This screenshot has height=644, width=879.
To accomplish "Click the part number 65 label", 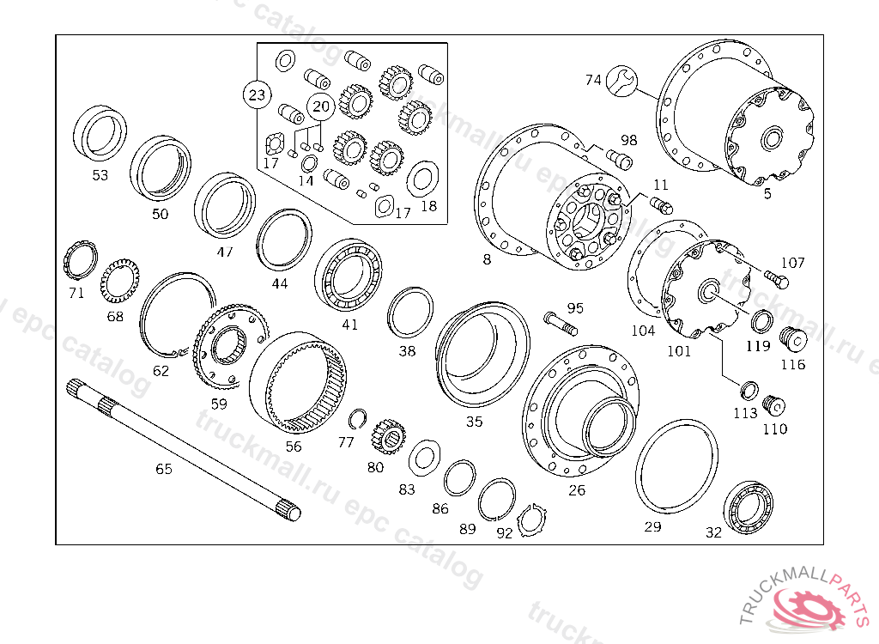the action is click(x=163, y=469).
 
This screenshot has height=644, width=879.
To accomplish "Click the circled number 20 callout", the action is click(x=320, y=106).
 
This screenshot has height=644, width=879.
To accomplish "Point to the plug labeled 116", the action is click(x=794, y=340).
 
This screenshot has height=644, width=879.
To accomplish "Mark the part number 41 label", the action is click(x=349, y=325).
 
